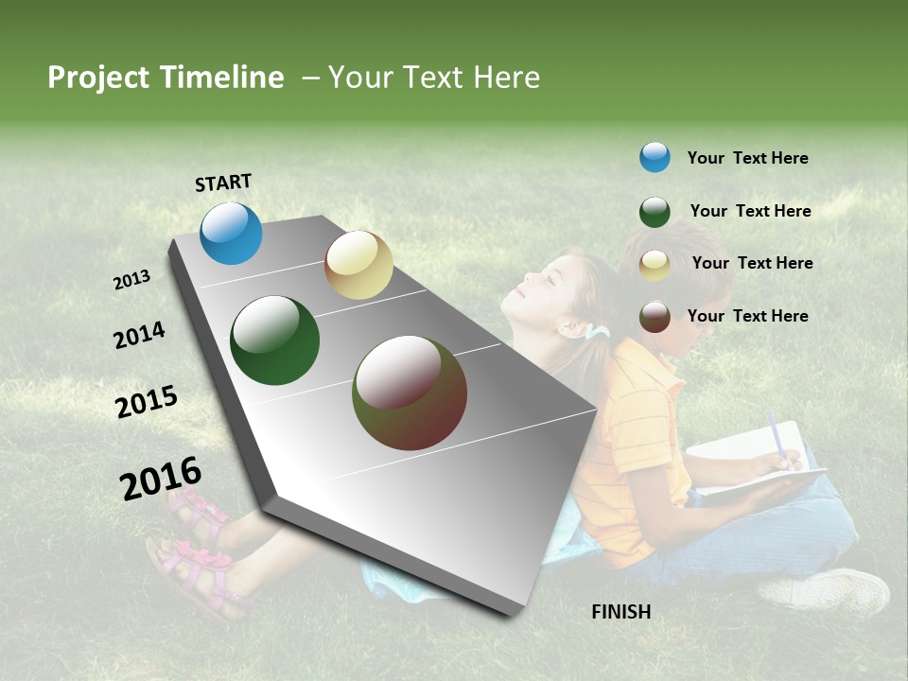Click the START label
(223, 183)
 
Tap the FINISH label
(620, 612)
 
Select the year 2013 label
(131, 280)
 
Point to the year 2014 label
(139, 335)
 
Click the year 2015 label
(146, 402)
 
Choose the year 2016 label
(161, 479)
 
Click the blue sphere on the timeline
(231, 233)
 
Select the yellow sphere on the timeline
(358, 265)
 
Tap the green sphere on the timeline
(275, 340)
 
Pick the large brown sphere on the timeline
(410, 393)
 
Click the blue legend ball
(655, 157)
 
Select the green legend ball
(655, 212)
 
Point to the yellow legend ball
(655, 265)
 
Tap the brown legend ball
(655, 316)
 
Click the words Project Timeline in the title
(166, 78)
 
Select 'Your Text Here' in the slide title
(434, 78)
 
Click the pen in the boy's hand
(777, 437)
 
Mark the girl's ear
(570, 327)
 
